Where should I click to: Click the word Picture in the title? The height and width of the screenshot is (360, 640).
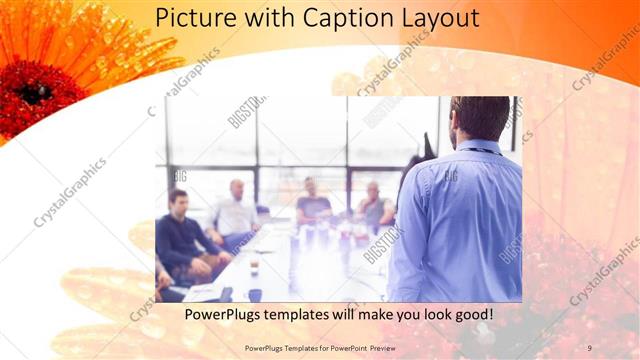[x=197, y=18]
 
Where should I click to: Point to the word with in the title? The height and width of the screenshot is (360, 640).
[x=271, y=18]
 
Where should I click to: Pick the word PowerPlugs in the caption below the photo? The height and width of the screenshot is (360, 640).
[x=224, y=314]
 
